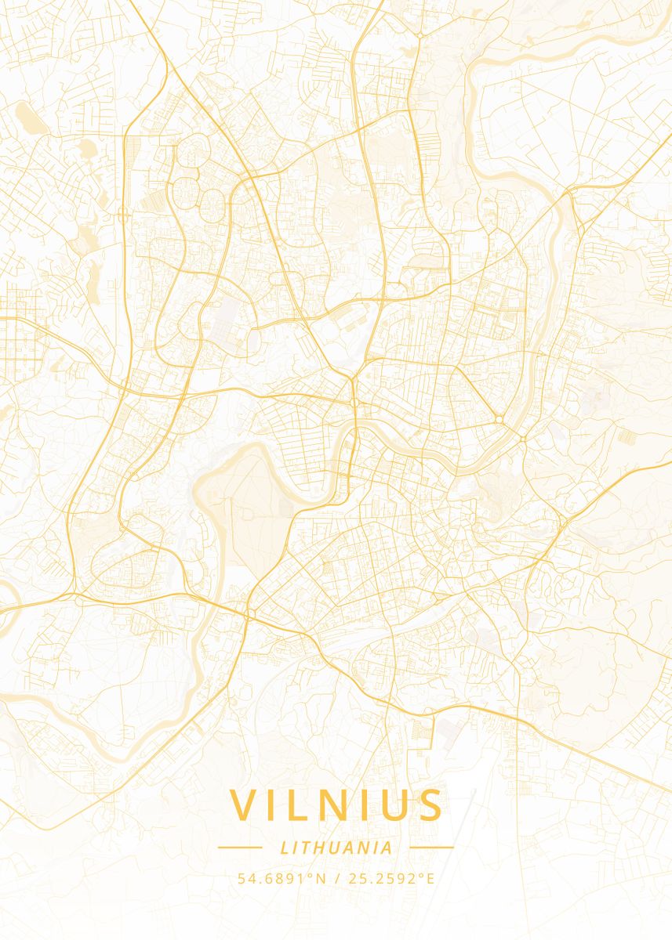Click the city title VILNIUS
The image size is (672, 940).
[x=336, y=805]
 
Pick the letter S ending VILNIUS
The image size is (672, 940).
[x=429, y=805]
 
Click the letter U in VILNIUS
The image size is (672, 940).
[x=394, y=805]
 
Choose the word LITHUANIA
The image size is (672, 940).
[x=336, y=848]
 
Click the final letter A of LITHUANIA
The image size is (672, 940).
[x=387, y=848]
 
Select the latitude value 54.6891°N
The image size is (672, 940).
[x=282, y=878]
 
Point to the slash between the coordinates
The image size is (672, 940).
[x=336, y=878]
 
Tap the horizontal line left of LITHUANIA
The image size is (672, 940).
[x=239, y=847]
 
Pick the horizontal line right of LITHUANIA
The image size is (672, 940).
[x=432, y=847]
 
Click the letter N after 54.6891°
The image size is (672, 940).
[x=321, y=878]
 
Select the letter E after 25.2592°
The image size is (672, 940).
[x=430, y=878]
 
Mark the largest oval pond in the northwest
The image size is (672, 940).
[x=27, y=117]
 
